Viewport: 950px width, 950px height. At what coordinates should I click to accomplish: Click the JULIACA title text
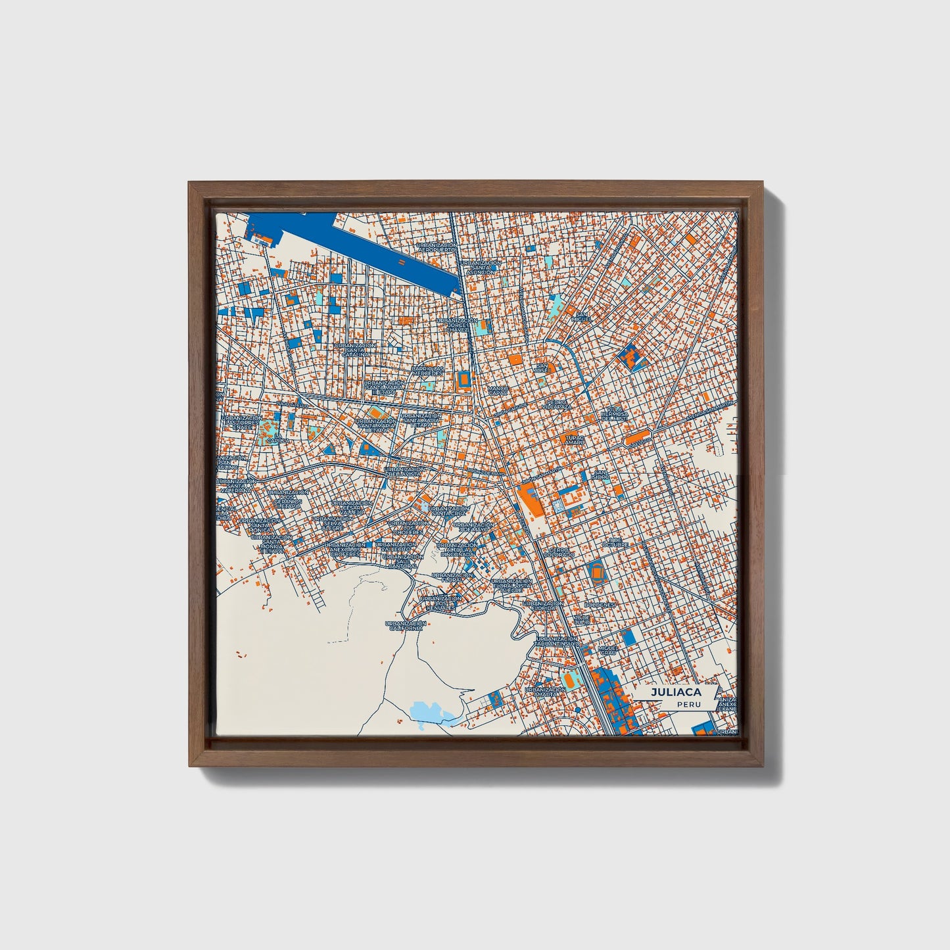click(676, 692)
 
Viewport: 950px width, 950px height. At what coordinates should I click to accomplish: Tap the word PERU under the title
click(688, 704)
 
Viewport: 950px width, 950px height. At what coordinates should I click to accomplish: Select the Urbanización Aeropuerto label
click(436, 248)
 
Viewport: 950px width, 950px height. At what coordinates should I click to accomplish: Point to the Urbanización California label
click(405, 626)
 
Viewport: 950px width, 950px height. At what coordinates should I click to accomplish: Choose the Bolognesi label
click(600, 605)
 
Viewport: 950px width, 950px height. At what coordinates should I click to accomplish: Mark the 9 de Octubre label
click(615, 542)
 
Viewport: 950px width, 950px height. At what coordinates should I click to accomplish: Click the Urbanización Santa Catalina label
click(354, 350)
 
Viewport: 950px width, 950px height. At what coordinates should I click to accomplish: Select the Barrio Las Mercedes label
click(427, 371)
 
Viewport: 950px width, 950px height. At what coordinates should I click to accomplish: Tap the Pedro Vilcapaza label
click(559, 404)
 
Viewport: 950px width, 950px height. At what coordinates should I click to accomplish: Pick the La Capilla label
click(281, 439)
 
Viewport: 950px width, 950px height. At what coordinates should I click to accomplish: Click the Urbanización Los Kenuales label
click(440, 603)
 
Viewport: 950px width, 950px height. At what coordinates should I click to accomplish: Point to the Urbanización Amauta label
click(544, 692)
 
